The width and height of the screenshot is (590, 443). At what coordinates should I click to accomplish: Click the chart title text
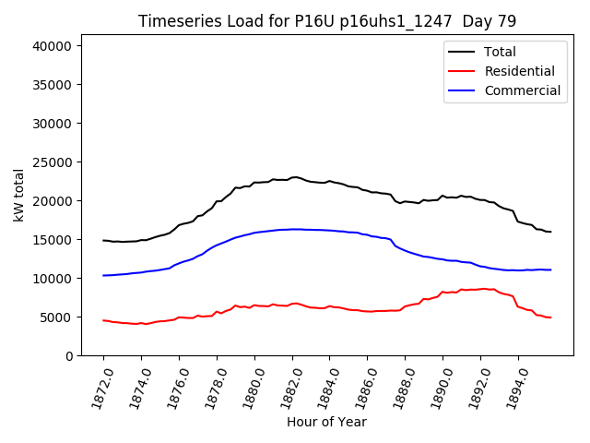[327, 21]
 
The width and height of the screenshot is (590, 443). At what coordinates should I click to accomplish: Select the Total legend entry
[500, 52]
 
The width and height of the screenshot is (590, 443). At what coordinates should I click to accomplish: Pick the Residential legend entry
[519, 71]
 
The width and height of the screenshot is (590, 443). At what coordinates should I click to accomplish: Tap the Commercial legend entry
[522, 90]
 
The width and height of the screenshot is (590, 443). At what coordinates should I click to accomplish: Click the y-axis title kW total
[18, 195]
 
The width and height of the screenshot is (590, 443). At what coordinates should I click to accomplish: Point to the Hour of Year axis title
[326, 422]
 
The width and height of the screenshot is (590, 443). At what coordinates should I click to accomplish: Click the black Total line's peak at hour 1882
[293, 177]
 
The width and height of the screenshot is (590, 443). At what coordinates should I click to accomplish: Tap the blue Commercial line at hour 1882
[293, 229]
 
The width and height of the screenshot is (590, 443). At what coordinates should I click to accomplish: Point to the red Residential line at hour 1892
[481, 289]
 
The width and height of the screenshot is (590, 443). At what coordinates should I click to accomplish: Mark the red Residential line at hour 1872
[103, 320]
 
